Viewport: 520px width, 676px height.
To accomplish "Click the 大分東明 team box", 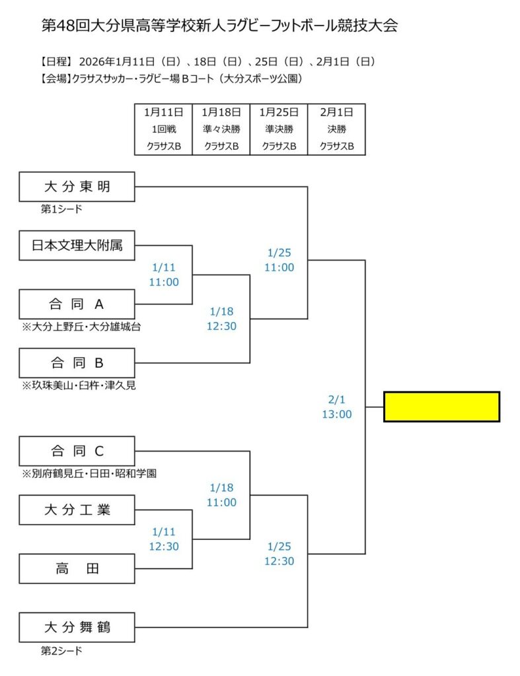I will tap(77, 187).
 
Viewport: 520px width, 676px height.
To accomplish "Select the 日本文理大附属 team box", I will tap(77, 246).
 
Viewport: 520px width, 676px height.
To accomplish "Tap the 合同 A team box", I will tap(77, 304).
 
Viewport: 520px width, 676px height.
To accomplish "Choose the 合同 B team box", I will tap(77, 363).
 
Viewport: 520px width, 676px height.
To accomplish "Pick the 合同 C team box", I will tap(77, 451).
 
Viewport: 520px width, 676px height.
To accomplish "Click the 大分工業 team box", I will tap(77, 510).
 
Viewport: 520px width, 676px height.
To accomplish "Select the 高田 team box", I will tap(77, 568).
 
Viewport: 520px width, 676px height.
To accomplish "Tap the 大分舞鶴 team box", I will tap(77, 627).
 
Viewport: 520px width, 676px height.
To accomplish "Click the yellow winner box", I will tap(441, 406).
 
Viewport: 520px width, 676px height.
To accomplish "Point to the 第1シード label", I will tap(61, 210).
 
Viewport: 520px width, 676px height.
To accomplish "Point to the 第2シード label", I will tap(61, 651).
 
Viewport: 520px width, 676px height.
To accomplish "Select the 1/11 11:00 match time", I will tap(165, 275).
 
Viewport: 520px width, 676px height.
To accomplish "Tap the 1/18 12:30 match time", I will tap(222, 318).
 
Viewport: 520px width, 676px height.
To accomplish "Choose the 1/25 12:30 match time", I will tap(279, 554).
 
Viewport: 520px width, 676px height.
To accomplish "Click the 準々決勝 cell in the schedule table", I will tap(221, 129).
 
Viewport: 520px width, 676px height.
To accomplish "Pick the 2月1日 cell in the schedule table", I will tap(336, 112).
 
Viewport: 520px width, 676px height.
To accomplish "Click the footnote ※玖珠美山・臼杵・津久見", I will tap(79, 386).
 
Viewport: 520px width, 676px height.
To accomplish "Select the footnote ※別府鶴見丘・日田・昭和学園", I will tap(89, 473).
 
